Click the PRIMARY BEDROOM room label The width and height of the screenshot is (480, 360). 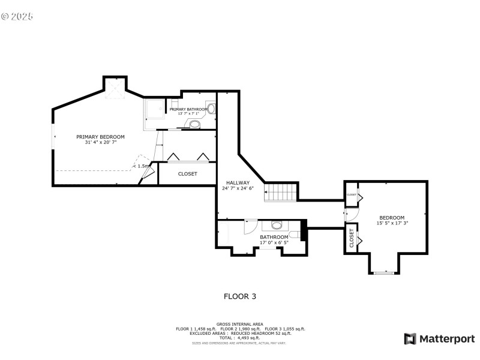(x=100, y=137)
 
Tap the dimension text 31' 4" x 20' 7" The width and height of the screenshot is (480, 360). (x=100, y=143)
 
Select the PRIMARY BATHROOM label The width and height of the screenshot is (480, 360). (x=188, y=109)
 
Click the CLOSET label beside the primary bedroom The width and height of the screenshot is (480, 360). (x=187, y=174)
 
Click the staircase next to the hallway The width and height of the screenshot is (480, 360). (x=281, y=193)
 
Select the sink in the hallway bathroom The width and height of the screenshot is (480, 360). (x=277, y=226)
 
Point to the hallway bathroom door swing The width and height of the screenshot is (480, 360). (x=251, y=226)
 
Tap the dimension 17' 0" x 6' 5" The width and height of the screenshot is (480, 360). (x=274, y=242)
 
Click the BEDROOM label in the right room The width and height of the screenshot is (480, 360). (x=391, y=217)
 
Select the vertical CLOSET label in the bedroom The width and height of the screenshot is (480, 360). (x=352, y=238)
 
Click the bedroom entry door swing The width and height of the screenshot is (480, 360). (x=350, y=214)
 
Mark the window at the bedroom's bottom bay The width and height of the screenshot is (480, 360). (x=383, y=273)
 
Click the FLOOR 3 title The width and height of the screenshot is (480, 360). (x=240, y=296)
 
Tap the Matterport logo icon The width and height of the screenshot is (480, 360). (x=410, y=339)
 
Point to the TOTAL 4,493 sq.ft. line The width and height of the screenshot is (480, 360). (x=239, y=338)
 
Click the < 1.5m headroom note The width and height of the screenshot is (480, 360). (x=142, y=166)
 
